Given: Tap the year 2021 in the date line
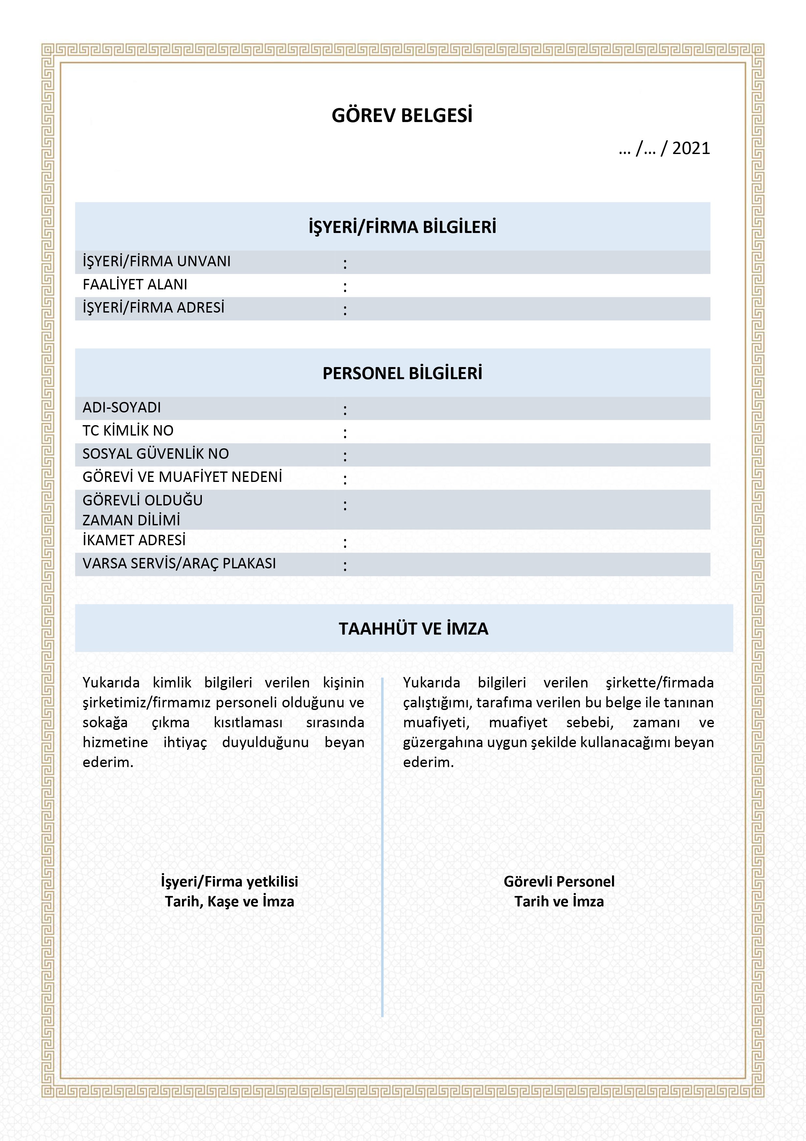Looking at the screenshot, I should click(691, 148).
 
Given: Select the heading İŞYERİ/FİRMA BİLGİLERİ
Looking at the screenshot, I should click(402, 227).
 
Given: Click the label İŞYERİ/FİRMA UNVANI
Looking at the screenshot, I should click(157, 261).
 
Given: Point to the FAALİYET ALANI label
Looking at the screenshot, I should click(135, 285).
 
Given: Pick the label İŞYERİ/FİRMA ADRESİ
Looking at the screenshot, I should click(154, 308).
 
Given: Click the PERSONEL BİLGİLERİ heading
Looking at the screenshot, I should click(402, 373).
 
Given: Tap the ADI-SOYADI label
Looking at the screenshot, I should click(122, 408).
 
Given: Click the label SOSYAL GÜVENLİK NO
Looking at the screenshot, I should click(156, 454).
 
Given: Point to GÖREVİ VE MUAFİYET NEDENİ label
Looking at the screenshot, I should click(182, 477).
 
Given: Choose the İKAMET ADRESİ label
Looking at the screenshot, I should click(134, 540).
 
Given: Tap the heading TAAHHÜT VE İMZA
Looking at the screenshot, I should click(413, 629).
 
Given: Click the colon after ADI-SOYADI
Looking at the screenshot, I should click(345, 410).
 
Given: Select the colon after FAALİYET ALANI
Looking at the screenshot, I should click(345, 287).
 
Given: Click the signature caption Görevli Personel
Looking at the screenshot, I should click(559, 881).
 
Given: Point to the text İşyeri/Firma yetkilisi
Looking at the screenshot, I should click(230, 881).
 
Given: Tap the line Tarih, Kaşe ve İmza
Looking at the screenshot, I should click(230, 901).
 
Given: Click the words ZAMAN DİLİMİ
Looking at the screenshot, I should click(131, 520).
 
